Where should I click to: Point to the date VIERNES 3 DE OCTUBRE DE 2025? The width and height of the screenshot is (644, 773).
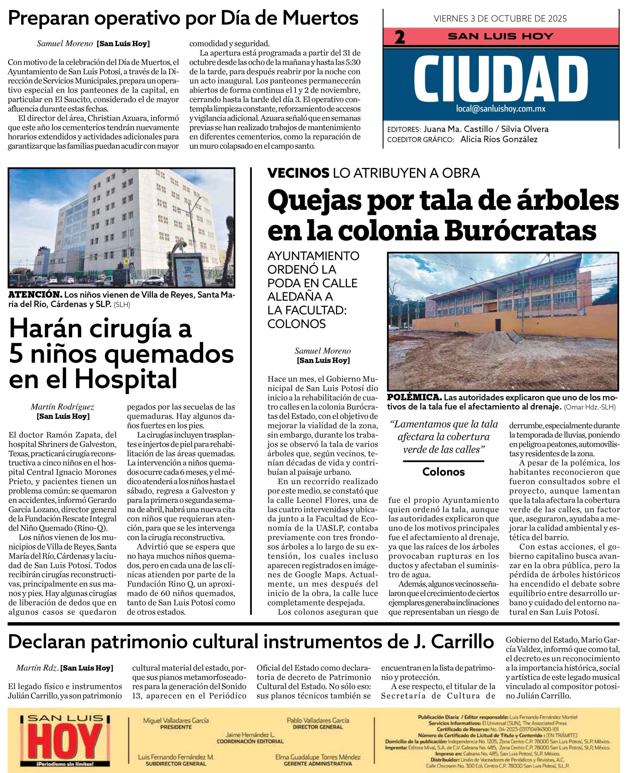[500, 18]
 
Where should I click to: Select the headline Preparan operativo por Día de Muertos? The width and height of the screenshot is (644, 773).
[183, 18]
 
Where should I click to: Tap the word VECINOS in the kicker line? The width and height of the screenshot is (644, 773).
[298, 173]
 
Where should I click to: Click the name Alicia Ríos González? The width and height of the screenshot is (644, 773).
[499, 139]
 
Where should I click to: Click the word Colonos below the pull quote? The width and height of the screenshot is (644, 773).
[443, 472]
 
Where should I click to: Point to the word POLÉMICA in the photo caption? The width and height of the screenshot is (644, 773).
[414, 398]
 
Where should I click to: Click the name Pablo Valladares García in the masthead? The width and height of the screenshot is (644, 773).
[318, 720]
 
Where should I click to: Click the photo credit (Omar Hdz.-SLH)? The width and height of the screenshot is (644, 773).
[590, 407]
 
